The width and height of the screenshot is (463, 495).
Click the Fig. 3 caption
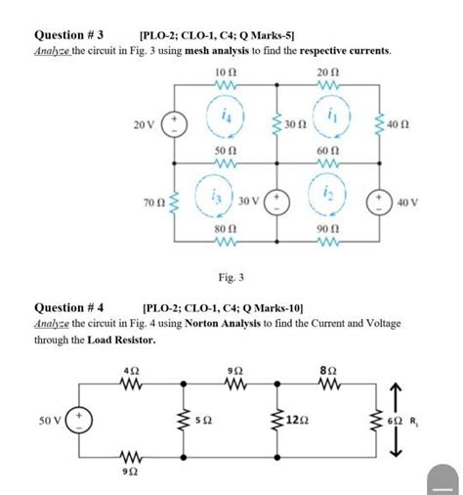click(x=231, y=277)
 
